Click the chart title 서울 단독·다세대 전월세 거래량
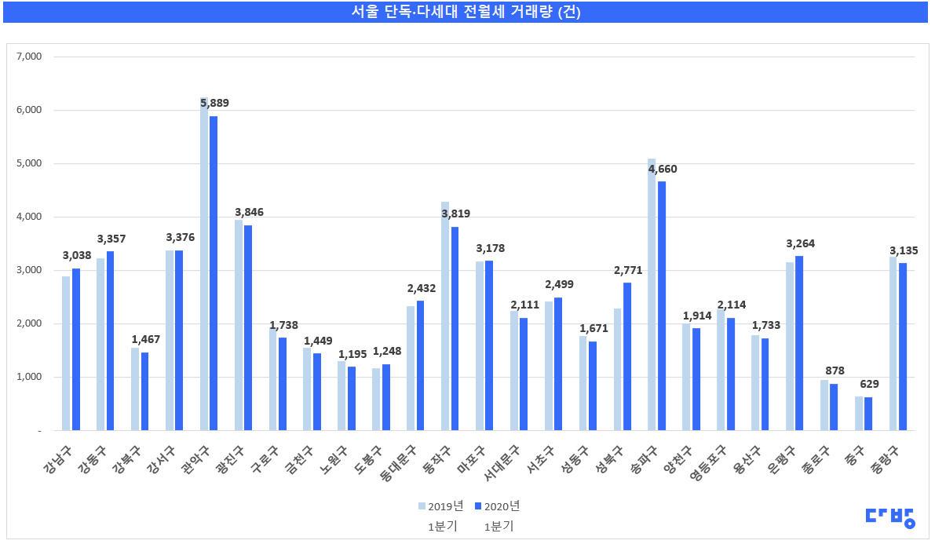[466, 12]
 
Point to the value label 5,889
[214, 103]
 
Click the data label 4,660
[661, 169]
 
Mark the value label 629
[869, 385]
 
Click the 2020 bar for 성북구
[627, 356]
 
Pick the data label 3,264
[800, 243]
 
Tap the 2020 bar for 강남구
[76, 349]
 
